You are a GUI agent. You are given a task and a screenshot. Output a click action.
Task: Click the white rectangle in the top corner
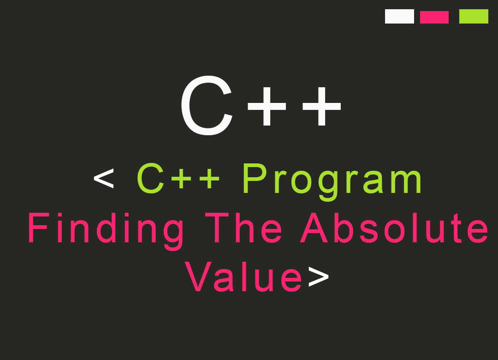click(399, 16)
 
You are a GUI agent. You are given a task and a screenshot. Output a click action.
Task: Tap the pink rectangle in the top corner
click(434, 17)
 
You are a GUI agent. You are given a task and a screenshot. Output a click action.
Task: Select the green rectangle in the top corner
click(474, 16)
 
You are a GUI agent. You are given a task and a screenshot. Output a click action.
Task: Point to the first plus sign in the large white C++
click(267, 107)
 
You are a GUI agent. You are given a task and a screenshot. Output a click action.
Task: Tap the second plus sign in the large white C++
click(322, 107)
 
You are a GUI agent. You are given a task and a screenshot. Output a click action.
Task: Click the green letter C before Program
click(151, 179)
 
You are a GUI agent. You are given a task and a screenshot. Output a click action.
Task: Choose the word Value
click(244, 277)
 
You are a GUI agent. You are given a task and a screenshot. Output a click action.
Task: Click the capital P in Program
click(253, 179)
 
